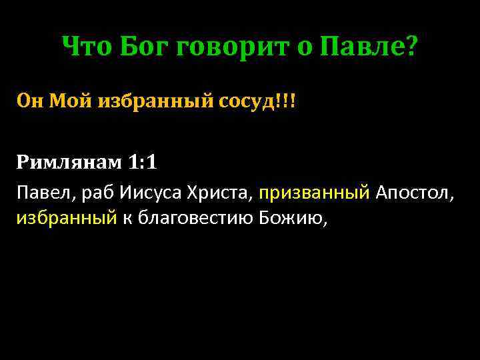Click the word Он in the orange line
tap(29, 101)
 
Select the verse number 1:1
tap(143, 161)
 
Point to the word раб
tap(95, 195)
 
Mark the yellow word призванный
tap(314, 195)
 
